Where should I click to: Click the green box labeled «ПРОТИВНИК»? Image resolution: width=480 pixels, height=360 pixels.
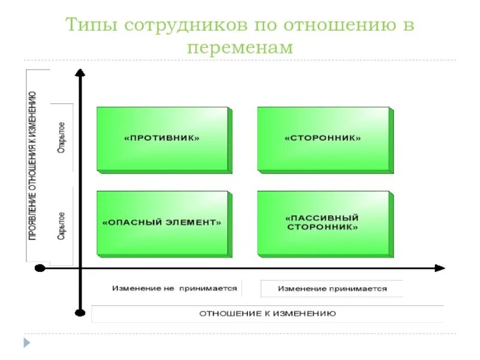(162, 139)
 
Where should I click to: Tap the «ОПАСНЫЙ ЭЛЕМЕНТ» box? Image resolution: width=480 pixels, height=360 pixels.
(162, 222)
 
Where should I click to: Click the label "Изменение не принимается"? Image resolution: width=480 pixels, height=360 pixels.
(175, 289)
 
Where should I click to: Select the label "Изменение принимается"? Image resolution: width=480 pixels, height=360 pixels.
(332, 289)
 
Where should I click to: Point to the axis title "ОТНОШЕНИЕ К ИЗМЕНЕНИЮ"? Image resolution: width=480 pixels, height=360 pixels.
(268, 313)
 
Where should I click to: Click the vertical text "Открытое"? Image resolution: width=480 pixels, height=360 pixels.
(62, 137)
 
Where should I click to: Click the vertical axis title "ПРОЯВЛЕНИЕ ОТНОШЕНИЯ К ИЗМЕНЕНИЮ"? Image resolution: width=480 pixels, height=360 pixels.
(33, 166)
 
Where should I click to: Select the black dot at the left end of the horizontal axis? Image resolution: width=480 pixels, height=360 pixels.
(40, 268)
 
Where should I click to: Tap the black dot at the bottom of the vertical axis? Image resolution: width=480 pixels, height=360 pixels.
(80, 311)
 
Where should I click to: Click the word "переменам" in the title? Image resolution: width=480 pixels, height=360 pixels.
(240, 47)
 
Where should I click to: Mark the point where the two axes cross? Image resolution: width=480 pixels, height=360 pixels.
(80, 268)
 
